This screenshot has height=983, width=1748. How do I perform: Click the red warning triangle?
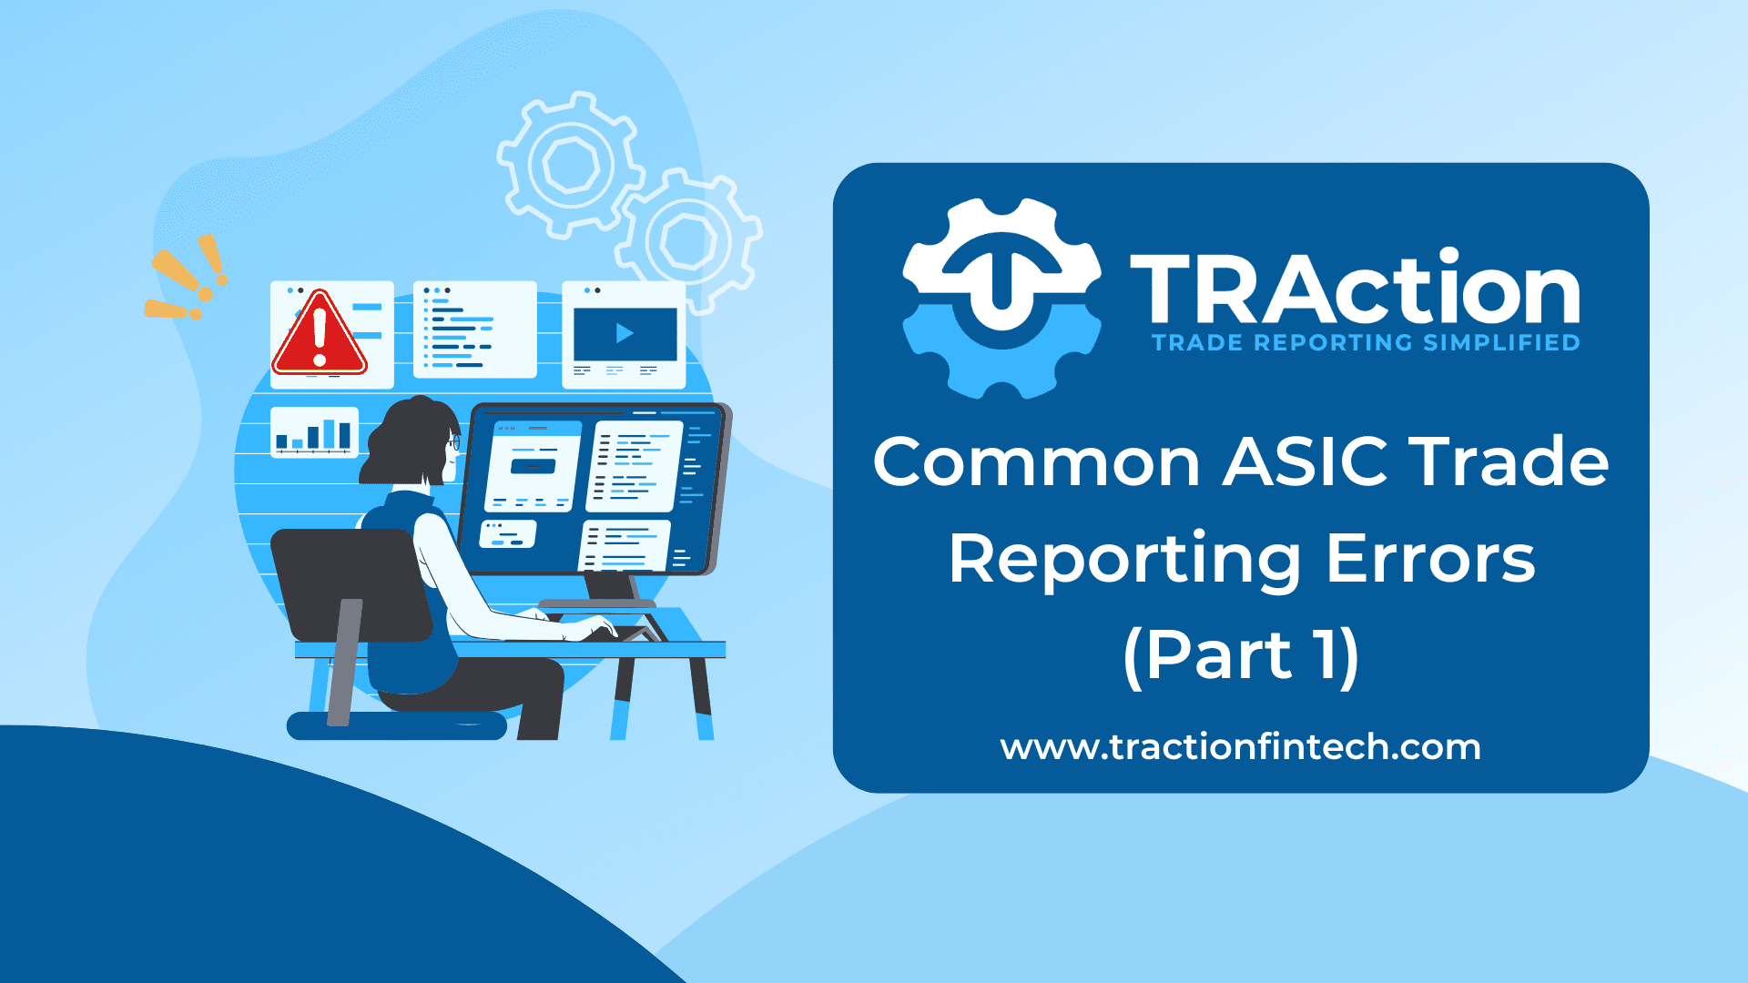(319, 335)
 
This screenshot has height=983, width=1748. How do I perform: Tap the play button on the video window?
(625, 333)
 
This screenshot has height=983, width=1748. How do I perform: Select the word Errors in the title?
(1430, 558)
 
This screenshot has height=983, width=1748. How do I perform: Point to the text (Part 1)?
(1242, 655)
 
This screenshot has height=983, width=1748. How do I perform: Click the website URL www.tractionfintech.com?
(1241, 747)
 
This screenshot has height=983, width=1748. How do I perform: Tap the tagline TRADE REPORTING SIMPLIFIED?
(1366, 343)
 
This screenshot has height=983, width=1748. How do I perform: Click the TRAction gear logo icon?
(1001, 299)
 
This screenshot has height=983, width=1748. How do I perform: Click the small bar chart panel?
(314, 431)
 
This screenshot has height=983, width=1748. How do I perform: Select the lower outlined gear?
(688, 241)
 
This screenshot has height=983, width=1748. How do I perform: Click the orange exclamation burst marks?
(187, 278)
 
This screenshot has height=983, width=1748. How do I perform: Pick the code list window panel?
(474, 329)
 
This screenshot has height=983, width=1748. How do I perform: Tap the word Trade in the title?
(1509, 461)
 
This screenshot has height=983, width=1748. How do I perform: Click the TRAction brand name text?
(1355, 288)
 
